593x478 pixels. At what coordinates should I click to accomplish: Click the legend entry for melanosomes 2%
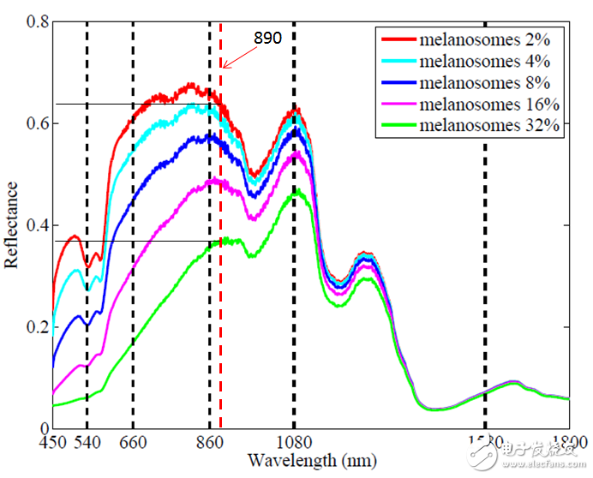(475, 39)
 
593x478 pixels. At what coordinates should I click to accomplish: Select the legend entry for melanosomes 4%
(475, 61)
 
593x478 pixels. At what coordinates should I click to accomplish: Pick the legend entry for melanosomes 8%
(475, 82)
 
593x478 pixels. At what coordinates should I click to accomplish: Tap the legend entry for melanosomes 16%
(475, 105)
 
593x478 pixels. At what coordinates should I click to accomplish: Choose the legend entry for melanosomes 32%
(475, 126)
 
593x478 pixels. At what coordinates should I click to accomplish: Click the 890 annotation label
(267, 38)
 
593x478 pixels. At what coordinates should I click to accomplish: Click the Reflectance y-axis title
(12, 225)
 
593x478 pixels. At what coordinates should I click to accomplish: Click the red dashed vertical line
(220, 257)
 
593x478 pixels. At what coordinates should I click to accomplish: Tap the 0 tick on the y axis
(43, 428)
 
